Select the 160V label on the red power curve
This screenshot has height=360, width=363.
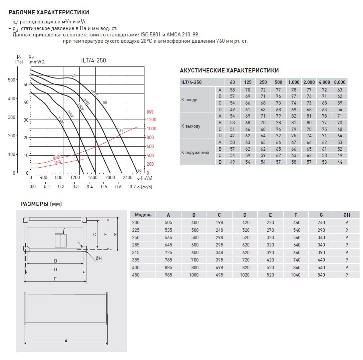click(58, 162)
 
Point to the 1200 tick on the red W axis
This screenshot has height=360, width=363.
click(151, 120)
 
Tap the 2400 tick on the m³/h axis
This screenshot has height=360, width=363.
click(127, 178)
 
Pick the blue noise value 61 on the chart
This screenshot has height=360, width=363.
click(121, 131)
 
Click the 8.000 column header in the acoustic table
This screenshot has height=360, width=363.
click(340, 82)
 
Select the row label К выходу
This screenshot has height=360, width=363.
click(191, 126)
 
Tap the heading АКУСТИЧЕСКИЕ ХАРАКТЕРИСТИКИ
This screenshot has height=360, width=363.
click(229, 70)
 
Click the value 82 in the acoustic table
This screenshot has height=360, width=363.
click(294, 116)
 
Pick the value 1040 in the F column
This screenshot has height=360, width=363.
click(296, 275)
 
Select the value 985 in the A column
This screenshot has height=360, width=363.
click(168, 275)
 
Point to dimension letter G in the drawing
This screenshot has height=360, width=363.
click(115, 234)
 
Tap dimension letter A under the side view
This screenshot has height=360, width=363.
click(66, 341)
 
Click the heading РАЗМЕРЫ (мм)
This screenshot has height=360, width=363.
click(41, 204)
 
